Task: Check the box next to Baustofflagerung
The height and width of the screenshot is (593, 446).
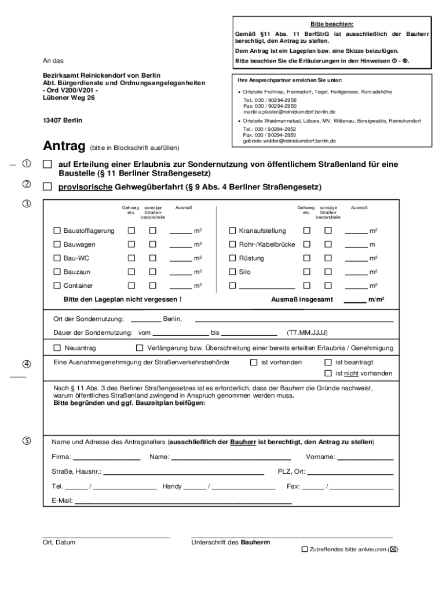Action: pyautogui.click(x=57, y=230)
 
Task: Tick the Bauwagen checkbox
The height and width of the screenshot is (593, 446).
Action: pyautogui.click(x=57, y=244)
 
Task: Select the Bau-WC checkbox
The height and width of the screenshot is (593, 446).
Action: pyautogui.click(x=57, y=258)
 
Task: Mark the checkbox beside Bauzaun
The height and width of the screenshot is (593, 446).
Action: pyautogui.click(x=57, y=272)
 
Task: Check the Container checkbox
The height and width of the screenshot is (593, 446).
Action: pyautogui.click(x=57, y=285)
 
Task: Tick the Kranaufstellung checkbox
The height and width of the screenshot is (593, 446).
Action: pyautogui.click(x=233, y=230)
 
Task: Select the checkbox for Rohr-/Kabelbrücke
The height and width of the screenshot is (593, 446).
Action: pyautogui.click(x=233, y=244)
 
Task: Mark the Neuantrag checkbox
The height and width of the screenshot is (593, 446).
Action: pyautogui.click(x=57, y=348)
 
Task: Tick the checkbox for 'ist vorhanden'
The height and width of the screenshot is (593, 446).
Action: pyautogui.click(x=253, y=362)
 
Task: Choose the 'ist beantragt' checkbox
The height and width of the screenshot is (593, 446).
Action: pyautogui.click(x=328, y=362)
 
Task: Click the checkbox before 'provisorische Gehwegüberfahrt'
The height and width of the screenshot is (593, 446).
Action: pyautogui.click(x=47, y=187)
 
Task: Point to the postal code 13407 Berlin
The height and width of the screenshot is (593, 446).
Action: pyautogui.click(x=63, y=120)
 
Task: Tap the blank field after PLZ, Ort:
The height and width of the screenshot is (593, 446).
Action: pyautogui.click(x=350, y=473)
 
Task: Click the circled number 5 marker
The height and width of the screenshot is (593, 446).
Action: pyautogui.click(x=27, y=441)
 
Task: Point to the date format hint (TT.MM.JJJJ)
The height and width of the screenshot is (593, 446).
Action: pyautogui.click(x=308, y=333)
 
